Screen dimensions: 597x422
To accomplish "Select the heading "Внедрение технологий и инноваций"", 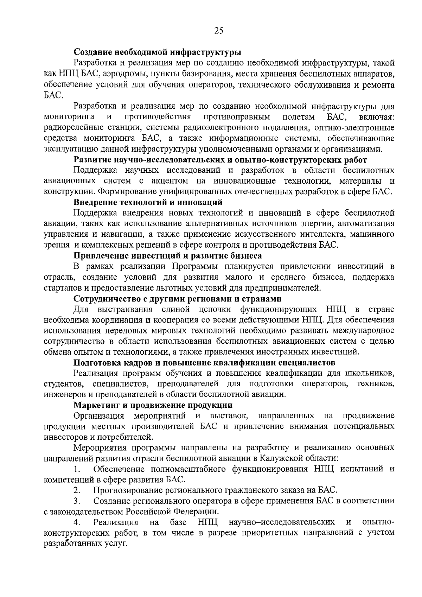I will tap(148, 202).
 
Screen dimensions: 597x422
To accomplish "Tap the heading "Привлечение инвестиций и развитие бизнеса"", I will tap(167, 256).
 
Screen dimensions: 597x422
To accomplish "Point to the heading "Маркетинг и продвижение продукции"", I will tap(153, 405).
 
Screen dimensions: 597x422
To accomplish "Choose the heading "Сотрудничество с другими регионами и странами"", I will tap(178, 299).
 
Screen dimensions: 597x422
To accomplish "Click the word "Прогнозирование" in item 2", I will tap(134, 490).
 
